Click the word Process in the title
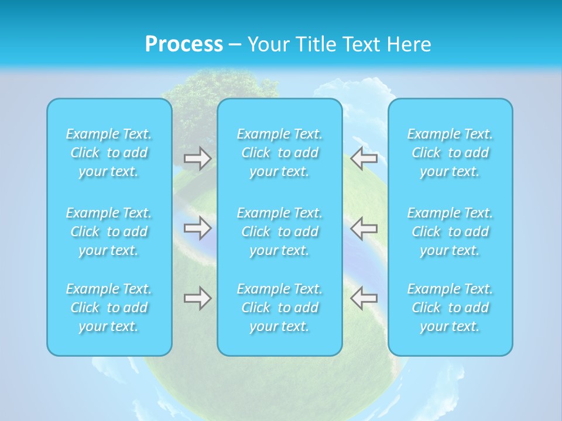184,44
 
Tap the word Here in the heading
410,44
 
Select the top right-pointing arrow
198,158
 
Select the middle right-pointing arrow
198,227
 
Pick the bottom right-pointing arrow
198,298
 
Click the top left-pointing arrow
364,157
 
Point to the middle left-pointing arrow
364,227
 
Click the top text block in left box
109,153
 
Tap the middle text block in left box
109,232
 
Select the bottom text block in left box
109,308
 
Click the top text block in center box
280,153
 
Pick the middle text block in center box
280,232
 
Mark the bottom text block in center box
280,308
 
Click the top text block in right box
450,153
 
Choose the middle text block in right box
450,232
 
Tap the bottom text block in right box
450,308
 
